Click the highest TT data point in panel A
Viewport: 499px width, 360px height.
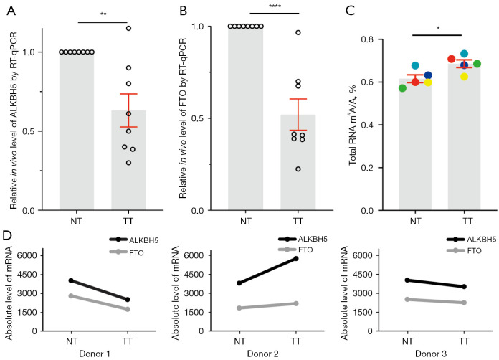pos(128,28)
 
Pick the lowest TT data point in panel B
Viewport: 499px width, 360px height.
pos(298,169)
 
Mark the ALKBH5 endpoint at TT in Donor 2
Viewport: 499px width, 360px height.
pos(296,258)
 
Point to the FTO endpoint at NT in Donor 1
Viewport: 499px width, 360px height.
pos(70,295)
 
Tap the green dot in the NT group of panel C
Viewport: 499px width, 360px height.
pos(403,87)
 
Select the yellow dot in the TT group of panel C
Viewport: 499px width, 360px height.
pos(464,76)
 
